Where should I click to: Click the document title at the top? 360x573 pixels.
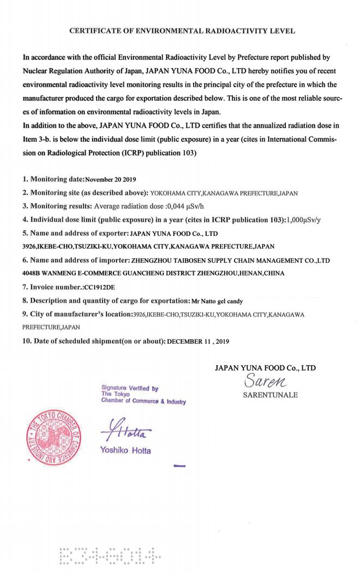(182, 31)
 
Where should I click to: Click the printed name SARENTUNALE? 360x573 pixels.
(270, 395)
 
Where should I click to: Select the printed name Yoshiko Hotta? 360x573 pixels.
(125, 451)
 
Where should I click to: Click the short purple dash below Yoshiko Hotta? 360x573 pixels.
(179, 467)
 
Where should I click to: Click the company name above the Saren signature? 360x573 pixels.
(265, 368)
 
